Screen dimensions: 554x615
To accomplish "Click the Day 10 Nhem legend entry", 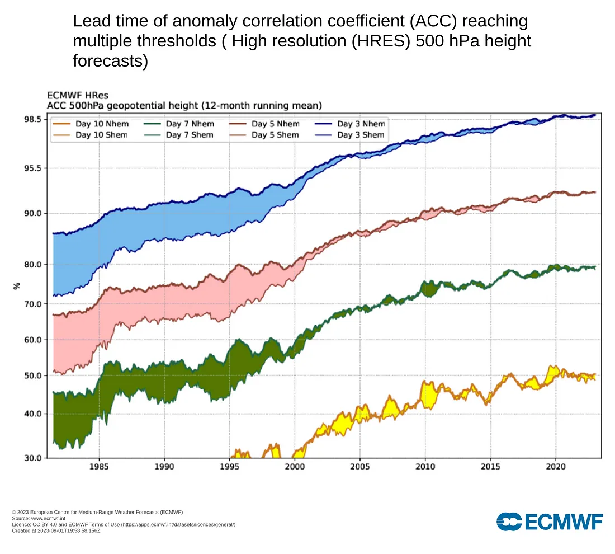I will coord(98,124).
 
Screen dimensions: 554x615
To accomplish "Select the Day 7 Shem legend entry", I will coord(190,135).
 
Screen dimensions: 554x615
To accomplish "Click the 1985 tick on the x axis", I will coord(98,467).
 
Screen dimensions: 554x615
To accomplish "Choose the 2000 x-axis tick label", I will coord(295,467).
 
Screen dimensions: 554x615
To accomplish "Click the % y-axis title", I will coord(17,285).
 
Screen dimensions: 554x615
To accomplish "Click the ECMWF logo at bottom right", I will coord(550,521).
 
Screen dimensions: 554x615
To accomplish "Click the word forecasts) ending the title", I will coord(110,61).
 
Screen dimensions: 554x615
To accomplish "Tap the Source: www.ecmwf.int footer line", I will coord(38,518).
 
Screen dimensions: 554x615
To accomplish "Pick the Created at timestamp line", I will coord(56,530).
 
